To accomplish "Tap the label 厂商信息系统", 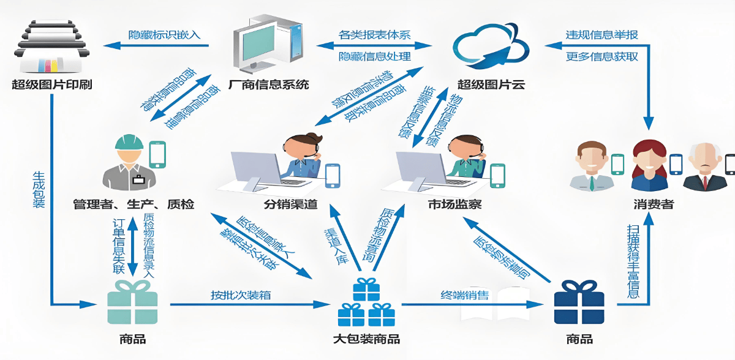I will pos(268,84).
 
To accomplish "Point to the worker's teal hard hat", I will pos(129,142).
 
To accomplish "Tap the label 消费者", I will pos(654,204).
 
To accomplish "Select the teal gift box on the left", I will pos(132,302).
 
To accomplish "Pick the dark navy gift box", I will pos(579,302).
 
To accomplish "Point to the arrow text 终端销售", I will pos(465,295).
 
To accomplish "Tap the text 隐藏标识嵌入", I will pos(164,34).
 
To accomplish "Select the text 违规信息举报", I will pos(601,34).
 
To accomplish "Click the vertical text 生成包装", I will pos(39,190).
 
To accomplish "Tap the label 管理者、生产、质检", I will pos(133,204).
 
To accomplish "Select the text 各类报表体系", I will pos(374,35).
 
